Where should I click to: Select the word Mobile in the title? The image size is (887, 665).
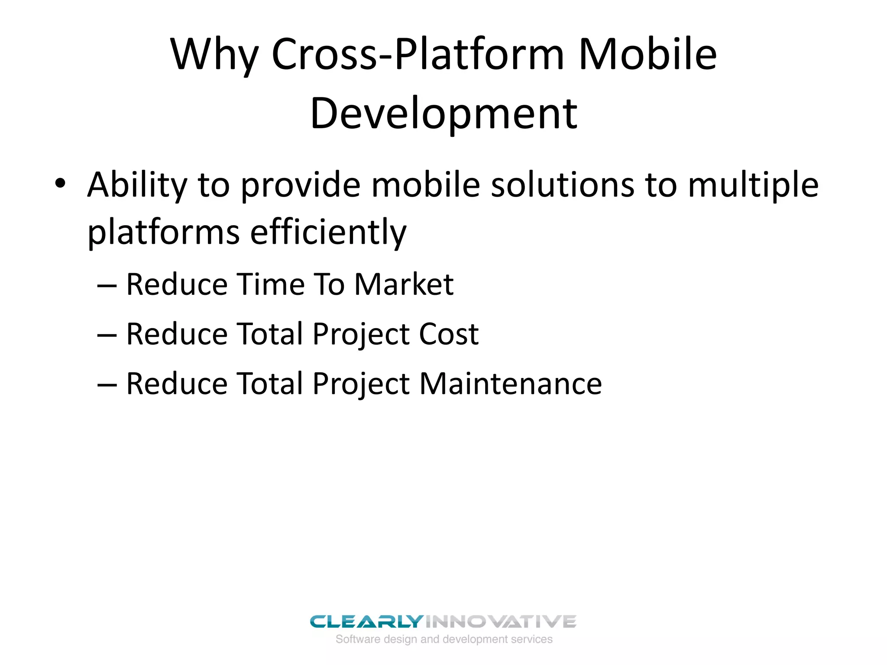[647, 55]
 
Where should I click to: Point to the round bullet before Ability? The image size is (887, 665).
[60, 184]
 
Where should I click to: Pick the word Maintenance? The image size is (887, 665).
[511, 384]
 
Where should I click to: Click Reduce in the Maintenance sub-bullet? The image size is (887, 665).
[177, 384]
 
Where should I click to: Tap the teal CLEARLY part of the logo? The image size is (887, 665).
[366, 622]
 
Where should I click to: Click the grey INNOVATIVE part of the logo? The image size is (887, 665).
[500, 622]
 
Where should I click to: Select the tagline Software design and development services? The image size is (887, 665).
[444, 639]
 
